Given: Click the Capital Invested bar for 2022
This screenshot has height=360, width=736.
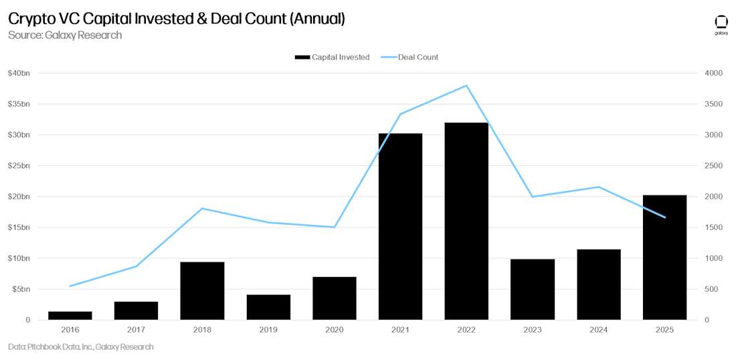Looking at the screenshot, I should coord(466,221).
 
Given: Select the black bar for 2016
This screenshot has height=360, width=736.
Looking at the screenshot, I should coord(70,315).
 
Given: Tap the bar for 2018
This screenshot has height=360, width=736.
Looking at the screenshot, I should coord(202,290).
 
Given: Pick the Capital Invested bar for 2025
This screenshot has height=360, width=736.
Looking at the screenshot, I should coord(664,257).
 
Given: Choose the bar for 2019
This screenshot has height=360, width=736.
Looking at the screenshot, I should coord(268,307).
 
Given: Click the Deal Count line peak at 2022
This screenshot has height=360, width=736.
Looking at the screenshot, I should coord(466,86).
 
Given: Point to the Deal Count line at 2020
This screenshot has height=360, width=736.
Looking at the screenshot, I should coord(334,227).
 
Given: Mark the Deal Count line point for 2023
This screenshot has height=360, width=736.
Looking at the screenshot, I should coord(532,197).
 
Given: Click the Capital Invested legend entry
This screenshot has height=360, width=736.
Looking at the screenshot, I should coord(333,58).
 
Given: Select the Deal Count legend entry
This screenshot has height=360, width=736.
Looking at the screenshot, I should coord(409,58).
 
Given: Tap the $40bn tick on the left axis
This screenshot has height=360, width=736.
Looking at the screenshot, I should coord(19,73).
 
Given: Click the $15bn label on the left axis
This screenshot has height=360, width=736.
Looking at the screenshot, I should coord(19,228).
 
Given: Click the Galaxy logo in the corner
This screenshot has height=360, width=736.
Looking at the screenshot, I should coord(721,24).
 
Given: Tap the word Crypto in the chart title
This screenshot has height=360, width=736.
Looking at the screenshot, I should coord(31,19).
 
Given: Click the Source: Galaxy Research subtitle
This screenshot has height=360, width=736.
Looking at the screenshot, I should coord(65,35).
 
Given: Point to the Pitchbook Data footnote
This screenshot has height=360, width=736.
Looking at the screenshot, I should coord(80,347).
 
